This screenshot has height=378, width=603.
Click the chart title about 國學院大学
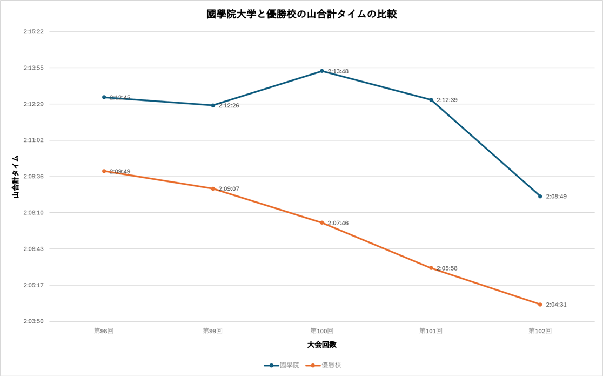coord(301,14)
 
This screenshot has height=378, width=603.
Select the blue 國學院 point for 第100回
coord(322,71)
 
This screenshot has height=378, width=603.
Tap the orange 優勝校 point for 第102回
coord(540,305)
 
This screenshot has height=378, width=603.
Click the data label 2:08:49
coord(556,197)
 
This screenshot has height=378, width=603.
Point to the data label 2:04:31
coord(556,305)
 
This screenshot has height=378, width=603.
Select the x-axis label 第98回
coord(104,330)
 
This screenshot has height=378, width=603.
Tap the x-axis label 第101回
coord(431,330)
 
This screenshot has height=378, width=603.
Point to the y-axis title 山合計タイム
coord(16,176)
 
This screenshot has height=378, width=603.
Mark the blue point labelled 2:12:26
coord(213,105)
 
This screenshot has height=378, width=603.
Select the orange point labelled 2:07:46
coord(322,222)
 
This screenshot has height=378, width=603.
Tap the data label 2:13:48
coord(338,71)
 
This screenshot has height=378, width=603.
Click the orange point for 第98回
coord(104,171)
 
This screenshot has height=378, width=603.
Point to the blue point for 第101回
coord(431,100)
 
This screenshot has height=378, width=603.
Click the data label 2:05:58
coord(447,268)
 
